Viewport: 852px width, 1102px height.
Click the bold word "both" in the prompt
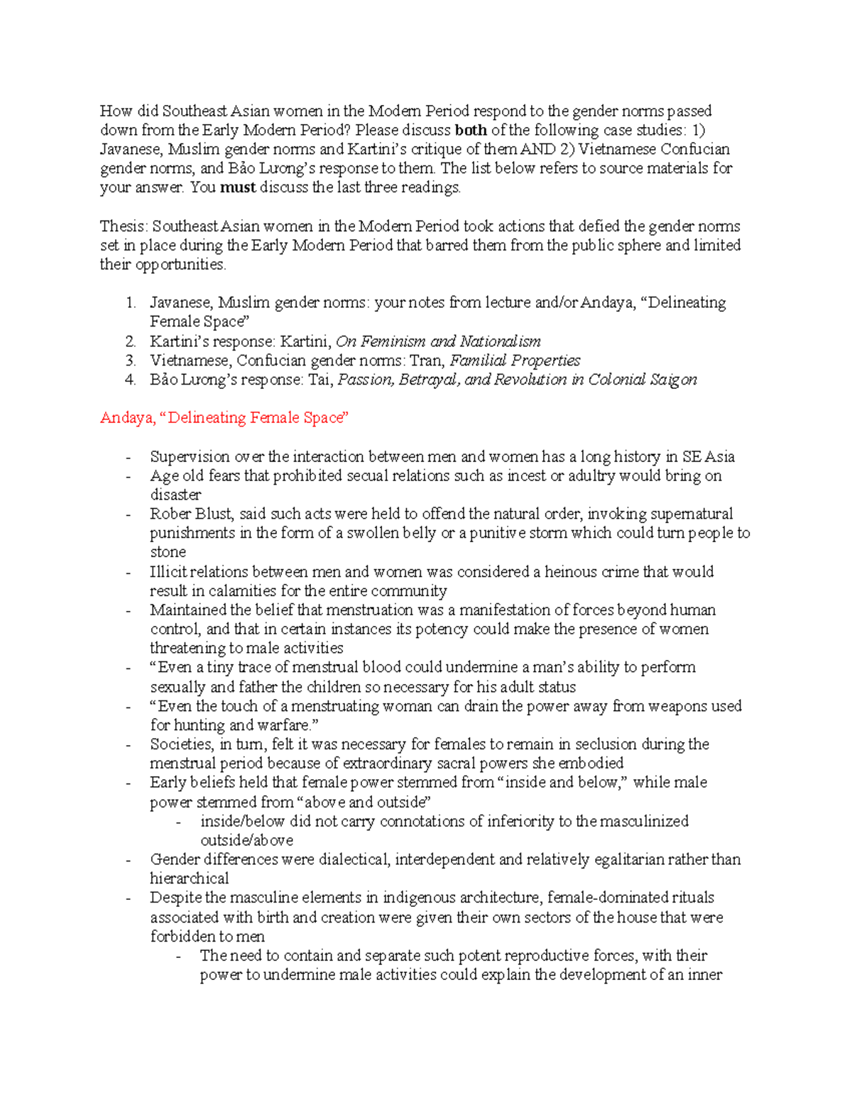(x=470, y=131)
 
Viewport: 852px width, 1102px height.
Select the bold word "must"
(x=238, y=188)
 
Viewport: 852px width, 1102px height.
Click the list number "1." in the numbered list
(x=130, y=303)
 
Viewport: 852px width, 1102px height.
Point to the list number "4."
(x=130, y=380)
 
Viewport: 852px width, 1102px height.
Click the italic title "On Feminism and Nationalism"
(x=438, y=341)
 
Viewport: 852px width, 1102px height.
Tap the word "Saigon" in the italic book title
(x=673, y=380)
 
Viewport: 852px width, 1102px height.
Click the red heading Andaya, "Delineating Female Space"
(x=224, y=418)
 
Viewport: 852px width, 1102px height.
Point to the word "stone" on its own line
(x=168, y=552)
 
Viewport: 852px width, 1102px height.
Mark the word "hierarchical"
(x=189, y=878)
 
